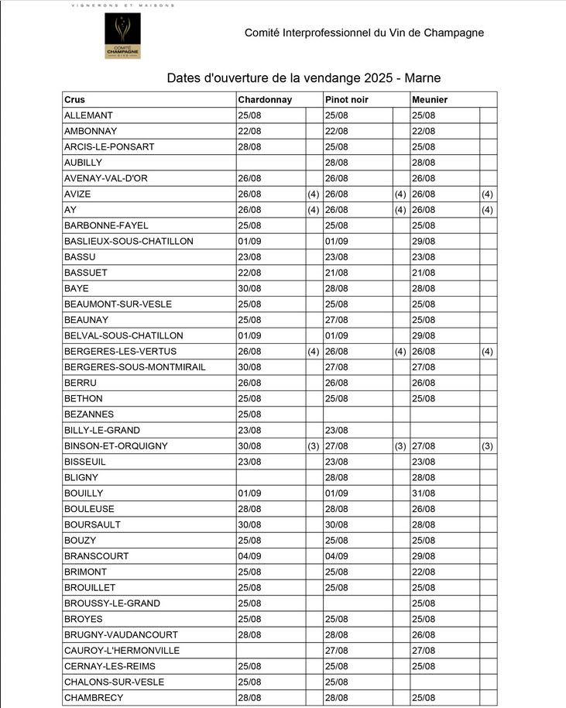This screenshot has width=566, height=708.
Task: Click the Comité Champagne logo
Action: (124, 36)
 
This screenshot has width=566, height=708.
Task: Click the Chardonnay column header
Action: (265, 100)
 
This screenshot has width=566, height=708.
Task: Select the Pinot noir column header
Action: (347, 100)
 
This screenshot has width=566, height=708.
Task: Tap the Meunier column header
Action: (430, 100)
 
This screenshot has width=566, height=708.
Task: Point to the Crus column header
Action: (75, 100)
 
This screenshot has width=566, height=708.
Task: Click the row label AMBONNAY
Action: (90, 131)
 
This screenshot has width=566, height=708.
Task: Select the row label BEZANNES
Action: (88, 414)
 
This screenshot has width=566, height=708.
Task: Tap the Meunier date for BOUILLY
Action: (424, 493)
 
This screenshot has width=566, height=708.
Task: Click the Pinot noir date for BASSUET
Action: (337, 273)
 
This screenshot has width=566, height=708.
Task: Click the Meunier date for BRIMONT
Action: (424, 572)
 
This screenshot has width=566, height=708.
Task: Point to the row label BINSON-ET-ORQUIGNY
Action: (116, 446)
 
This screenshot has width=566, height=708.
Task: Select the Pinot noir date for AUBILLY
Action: (337, 163)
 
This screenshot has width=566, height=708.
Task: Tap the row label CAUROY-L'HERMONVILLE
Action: (122, 651)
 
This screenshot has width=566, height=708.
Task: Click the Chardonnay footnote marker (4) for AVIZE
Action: (313, 194)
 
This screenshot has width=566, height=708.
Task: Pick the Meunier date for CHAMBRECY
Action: (424, 698)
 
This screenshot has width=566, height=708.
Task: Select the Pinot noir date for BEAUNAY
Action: (337, 320)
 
